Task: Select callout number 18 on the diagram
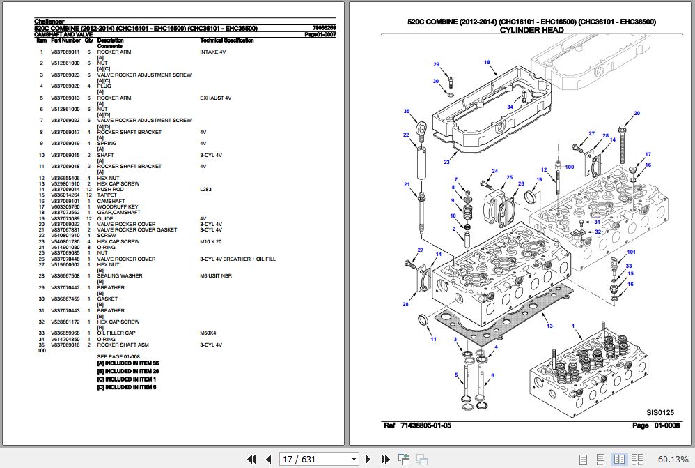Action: pos(487,63)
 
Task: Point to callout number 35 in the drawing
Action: pos(406,112)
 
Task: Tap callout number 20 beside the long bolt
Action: pos(636,114)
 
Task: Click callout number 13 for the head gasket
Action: pos(549,326)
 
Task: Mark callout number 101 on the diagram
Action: pos(631,252)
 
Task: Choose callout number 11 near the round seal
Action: pos(432,340)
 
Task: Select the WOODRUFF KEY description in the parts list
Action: pos(118,206)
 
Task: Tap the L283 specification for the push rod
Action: pos(206,190)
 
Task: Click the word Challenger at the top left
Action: pos(49,22)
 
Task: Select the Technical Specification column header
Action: pos(226,40)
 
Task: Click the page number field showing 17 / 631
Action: pos(318,459)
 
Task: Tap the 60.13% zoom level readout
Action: pos(672,459)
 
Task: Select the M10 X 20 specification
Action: pos(210,241)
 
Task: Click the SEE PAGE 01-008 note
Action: pos(118,356)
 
